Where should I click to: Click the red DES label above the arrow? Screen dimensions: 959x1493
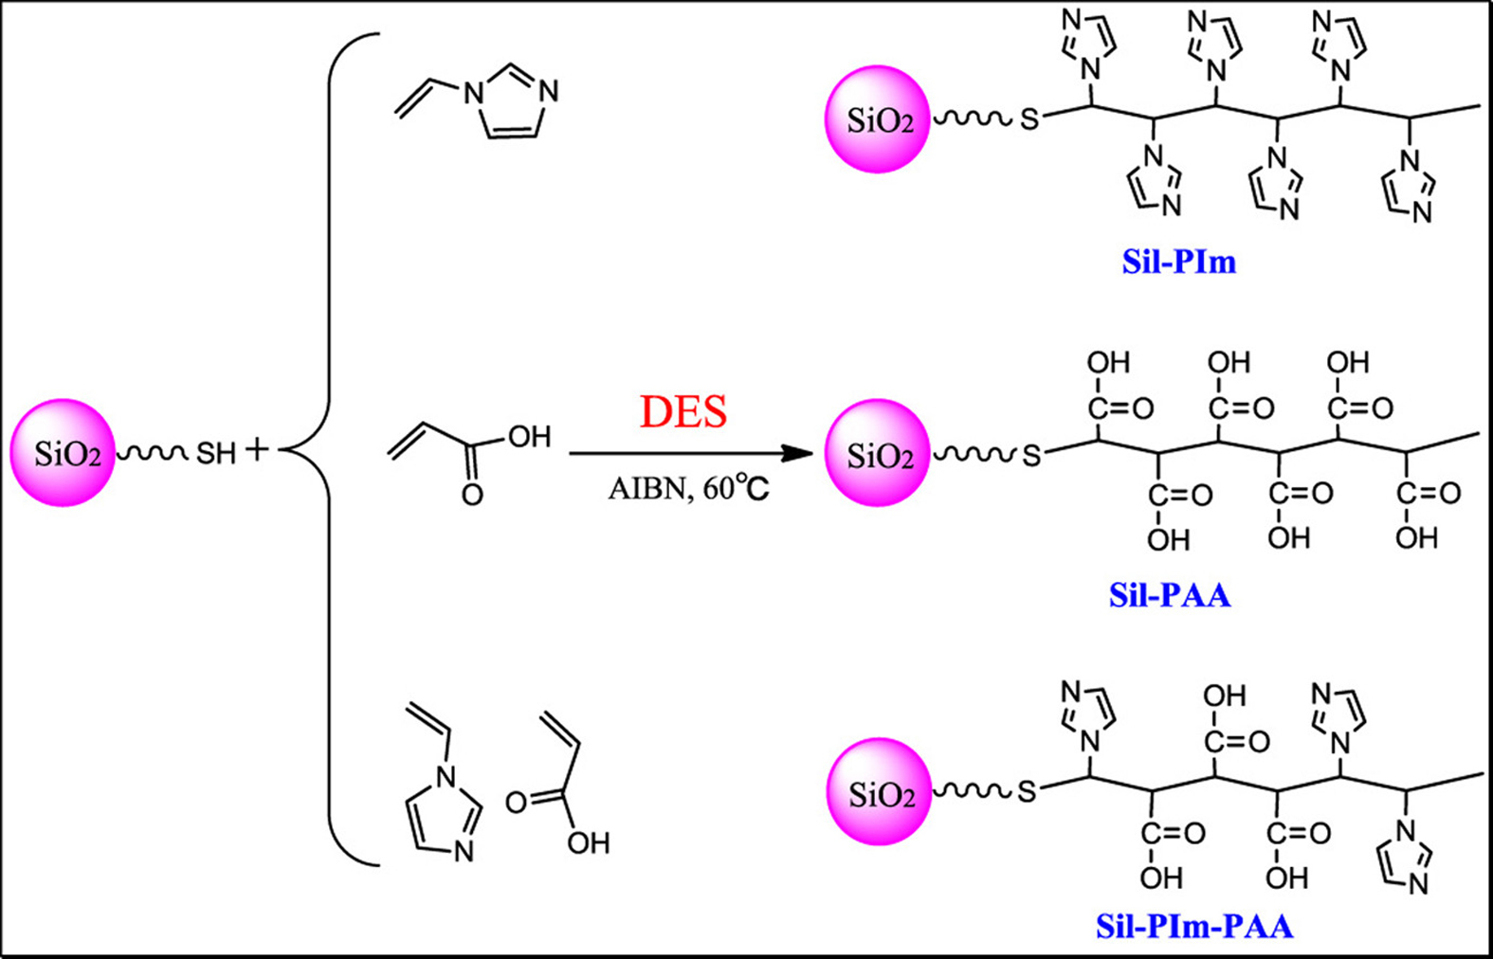[683, 412]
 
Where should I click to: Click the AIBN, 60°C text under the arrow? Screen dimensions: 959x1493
[688, 489]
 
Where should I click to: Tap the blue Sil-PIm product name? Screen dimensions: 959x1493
[1178, 262]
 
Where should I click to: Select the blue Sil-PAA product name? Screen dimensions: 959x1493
[1170, 595]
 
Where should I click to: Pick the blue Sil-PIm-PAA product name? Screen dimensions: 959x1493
[1194, 926]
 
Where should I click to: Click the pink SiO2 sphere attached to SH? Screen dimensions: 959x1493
[63, 452]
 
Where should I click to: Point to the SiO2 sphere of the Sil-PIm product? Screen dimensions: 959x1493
[877, 119]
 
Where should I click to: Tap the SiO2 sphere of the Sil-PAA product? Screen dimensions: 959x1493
[877, 453]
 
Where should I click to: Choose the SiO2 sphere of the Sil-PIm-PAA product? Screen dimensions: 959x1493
[879, 792]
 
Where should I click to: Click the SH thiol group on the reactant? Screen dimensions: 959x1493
[216, 454]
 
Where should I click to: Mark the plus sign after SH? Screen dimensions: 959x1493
[257, 449]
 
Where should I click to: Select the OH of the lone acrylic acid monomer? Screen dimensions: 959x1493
[529, 437]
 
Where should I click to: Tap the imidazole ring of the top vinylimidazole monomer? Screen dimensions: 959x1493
[512, 102]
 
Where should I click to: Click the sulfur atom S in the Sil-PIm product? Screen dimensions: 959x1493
[1029, 120]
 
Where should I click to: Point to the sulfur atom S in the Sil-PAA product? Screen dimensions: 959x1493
[1030, 456]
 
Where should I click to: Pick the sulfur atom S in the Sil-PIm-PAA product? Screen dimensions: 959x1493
[1028, 792]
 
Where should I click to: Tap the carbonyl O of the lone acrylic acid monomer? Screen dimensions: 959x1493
[471, 495]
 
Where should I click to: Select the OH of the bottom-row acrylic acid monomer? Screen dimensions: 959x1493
[588, 842]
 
